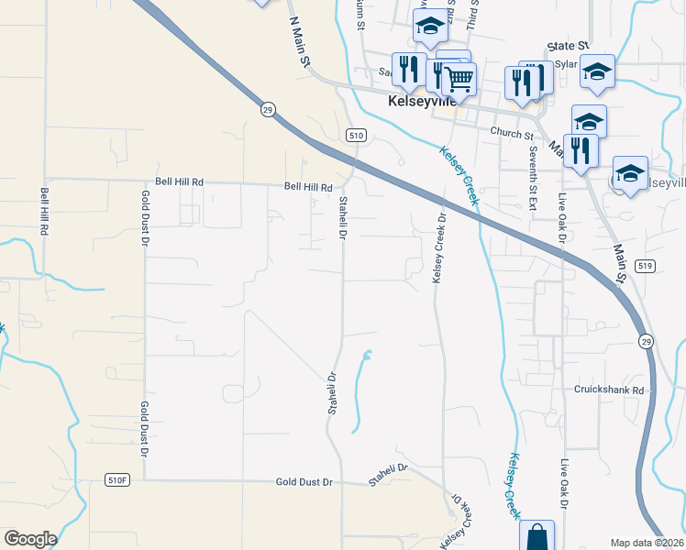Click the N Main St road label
pos(300,41)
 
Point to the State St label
pos(567,45)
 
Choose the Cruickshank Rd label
pos(610,389)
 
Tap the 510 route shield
pos(357,135)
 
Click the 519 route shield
pos(646,267)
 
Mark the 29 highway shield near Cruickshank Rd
pos(647,341)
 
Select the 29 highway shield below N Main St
pos(267,109)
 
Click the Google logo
pos(30,538)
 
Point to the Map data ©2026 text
pos(647,543)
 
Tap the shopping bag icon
pos(537,535)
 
